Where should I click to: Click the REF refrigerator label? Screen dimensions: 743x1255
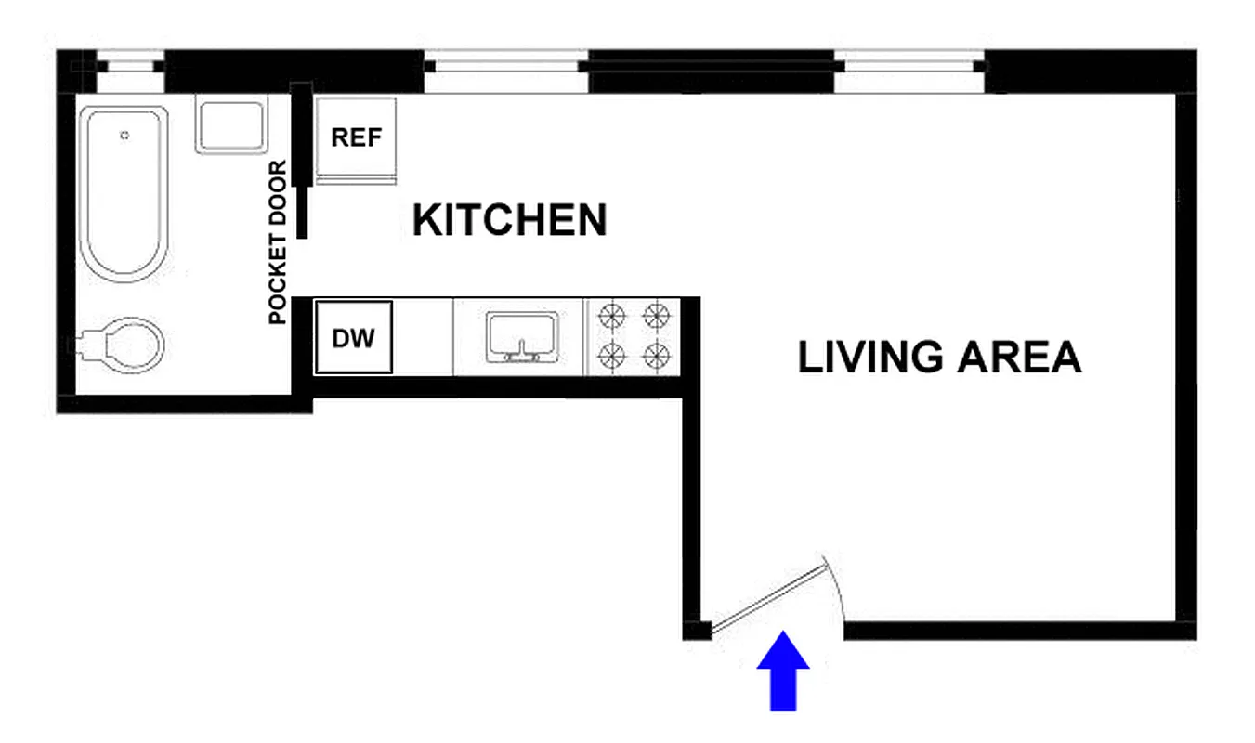[357, 137]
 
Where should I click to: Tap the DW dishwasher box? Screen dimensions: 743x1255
[353, 338]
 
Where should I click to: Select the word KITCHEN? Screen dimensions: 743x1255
[509, 221]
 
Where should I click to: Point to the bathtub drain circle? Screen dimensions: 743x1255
[124, 136]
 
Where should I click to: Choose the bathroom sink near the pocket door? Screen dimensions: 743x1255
[231, 126]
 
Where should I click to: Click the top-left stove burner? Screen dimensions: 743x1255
[612, 317]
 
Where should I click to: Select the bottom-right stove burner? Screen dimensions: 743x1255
[657, 354]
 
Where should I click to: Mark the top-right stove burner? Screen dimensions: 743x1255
[657, 317]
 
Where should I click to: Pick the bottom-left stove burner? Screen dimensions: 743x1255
[612, 354]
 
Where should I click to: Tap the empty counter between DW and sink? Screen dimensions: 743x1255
[423, 338]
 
